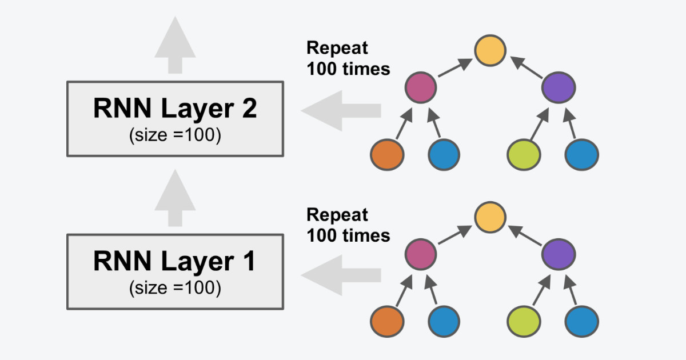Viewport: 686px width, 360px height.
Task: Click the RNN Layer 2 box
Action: click(175, 118)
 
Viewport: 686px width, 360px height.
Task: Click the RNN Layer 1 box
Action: click(175, 271)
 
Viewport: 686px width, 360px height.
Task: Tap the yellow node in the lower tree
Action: click(490, 216)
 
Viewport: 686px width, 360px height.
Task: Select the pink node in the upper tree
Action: click(421, 87)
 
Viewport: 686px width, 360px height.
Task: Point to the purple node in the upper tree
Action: click(559, 87)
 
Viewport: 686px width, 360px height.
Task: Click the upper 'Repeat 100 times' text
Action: click(348, 58)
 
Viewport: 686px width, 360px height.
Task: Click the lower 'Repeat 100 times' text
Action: click(348, 225)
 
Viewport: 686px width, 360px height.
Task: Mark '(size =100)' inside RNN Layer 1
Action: click(175, 288)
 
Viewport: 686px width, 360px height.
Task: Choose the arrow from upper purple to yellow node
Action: click(526, 66)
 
